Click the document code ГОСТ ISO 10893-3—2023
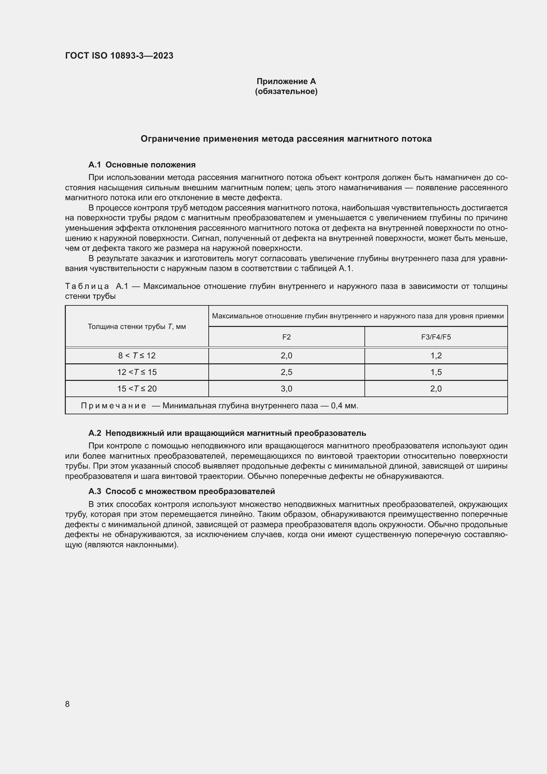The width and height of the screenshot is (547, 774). [119, 56]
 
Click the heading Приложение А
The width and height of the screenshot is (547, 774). [286, 81]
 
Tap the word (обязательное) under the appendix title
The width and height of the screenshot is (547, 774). [286, 91]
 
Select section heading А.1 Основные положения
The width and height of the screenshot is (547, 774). [142, 165]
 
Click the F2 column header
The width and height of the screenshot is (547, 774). [286, 337]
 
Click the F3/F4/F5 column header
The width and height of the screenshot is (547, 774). [436, 337]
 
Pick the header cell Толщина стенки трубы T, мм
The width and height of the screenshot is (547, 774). [137, 326]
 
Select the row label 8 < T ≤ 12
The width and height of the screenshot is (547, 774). [137, 356]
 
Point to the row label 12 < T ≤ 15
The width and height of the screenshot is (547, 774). [137, 372]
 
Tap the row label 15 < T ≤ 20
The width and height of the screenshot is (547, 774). [137, 389]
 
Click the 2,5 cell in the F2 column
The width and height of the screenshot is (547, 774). [286, 372]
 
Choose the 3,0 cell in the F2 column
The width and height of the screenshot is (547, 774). [286, 389]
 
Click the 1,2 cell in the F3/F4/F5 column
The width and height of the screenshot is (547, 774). [436, 356]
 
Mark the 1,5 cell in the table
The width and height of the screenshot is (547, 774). [436, 372]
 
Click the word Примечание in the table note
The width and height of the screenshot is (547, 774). [113, 406]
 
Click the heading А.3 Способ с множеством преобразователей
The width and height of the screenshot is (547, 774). [182, 491]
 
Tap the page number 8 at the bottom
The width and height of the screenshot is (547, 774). [67, 704]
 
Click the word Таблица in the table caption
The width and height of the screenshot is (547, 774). [87, 287]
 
